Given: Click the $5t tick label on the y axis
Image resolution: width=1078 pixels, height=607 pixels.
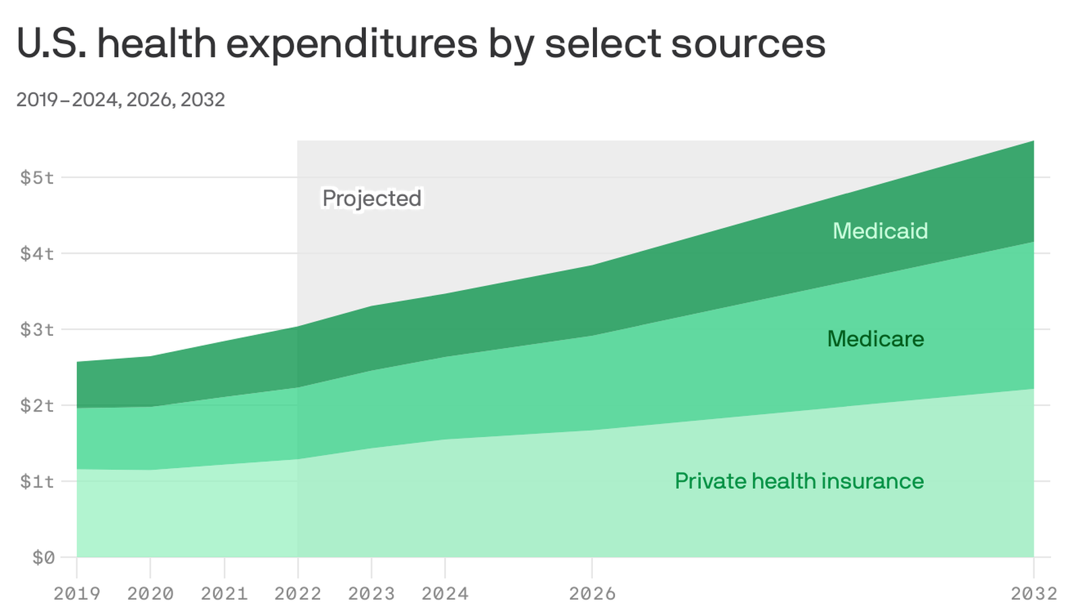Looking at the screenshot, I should [x=37, y=177].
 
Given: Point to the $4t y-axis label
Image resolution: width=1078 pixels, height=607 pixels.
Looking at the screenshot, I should [x=37, y=254].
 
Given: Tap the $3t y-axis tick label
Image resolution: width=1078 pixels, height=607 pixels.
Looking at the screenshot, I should [x=37, y=330].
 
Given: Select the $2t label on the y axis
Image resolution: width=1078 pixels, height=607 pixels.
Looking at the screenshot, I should [x=37, y=405].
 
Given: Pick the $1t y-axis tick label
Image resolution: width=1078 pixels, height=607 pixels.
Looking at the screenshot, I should [x=37, y=482].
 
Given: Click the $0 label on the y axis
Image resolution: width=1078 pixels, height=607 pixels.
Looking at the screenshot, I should [x=43, y=558].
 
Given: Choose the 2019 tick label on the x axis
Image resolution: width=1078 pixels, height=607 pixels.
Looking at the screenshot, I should [x=77, y=594].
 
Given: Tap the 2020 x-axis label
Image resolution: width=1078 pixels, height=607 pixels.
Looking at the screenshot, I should [x=150, y=594].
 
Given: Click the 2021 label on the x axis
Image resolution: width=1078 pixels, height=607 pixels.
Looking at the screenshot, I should [x=224, y=594].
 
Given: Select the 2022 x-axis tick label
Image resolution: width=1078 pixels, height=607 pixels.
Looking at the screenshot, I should [x=298, y=594].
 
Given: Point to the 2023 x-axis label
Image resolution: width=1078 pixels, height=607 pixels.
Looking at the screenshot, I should [x=371, y=594].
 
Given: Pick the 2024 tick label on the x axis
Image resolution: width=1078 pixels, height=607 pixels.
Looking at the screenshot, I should [x=445, y=594].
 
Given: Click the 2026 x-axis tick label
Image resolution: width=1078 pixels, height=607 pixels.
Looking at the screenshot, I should [x=592, y=594].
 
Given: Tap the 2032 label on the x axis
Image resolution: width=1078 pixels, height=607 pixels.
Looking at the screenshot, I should [x=1034, y=594].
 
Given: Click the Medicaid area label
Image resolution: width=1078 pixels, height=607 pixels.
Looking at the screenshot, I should [x=880, y=231].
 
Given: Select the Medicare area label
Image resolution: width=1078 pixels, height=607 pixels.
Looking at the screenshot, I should [x=875, y=339].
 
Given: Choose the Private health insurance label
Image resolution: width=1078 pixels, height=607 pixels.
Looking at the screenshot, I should [x=799, y=481].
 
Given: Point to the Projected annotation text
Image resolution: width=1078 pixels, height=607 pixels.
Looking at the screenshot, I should [x=372, y=198].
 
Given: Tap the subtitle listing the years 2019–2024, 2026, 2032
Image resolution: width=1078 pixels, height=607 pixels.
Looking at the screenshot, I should [x=121, y=100].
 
